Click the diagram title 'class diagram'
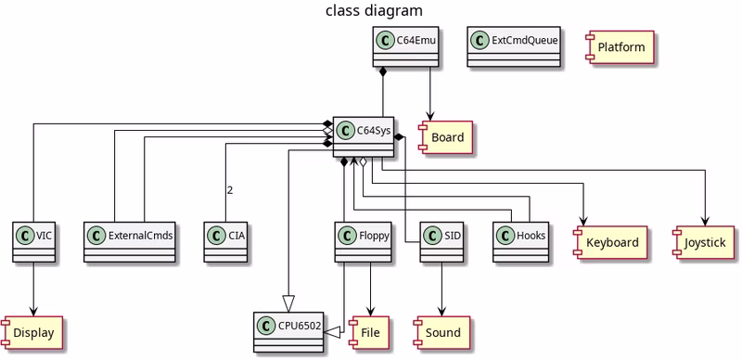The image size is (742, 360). pos(374,11)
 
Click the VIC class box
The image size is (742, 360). pos(34,241)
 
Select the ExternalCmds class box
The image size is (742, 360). pos(130,241)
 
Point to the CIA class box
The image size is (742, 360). pos(228,241)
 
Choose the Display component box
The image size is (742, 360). pos(34,331)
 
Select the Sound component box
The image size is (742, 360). pos(442,331)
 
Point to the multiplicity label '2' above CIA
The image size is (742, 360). pos(229,190)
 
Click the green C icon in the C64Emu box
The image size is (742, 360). pos(387,41)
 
